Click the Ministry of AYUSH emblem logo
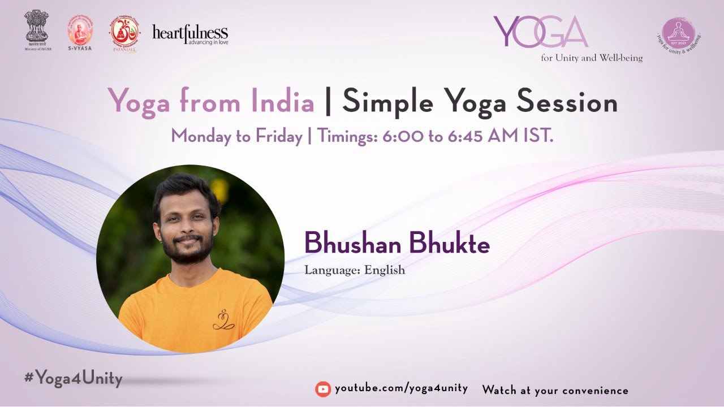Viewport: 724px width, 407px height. point(37,29)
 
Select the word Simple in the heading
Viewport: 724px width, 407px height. point(387,102)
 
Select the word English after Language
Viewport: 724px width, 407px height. point(385,270)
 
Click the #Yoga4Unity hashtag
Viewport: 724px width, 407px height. point(74,378)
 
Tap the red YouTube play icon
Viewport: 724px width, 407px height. point(323,389)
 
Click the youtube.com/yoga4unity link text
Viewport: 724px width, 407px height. point(401,388)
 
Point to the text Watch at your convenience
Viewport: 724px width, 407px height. point(555,390)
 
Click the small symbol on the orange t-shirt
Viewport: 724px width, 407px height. point(223,320)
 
